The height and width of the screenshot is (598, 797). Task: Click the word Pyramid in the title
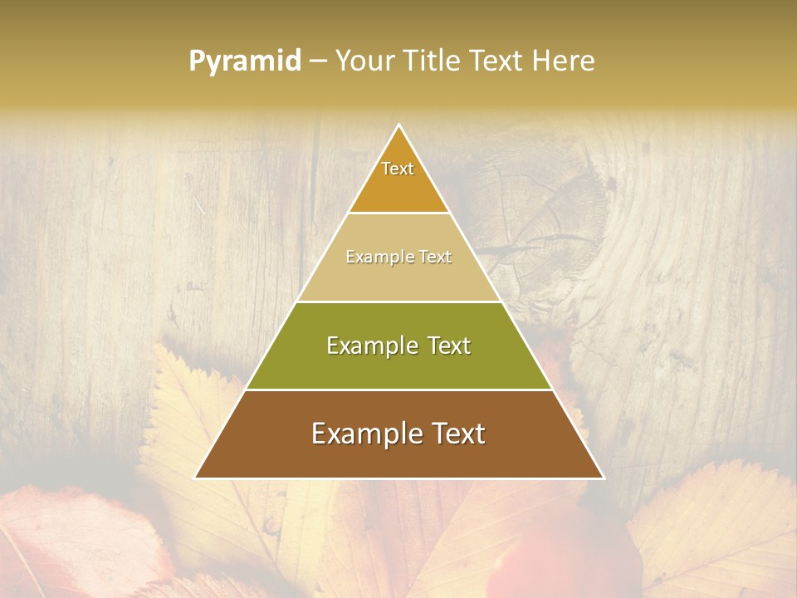[x=245, y=61]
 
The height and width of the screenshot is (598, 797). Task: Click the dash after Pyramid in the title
[x=318, y=61]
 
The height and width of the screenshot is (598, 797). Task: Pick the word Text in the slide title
[x=496, y=61]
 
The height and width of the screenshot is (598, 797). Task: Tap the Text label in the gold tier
[x=398, y=169]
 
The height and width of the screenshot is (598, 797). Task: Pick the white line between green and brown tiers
[x=399, y=390]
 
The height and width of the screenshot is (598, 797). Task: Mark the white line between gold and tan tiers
[x=399, y=213]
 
